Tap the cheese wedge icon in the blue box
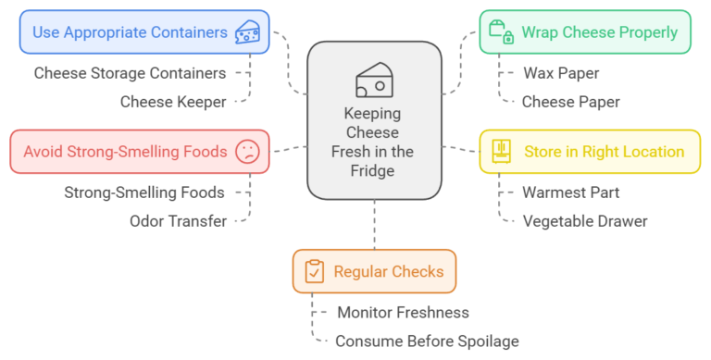(247, 32)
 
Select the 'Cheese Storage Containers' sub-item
(130, 72)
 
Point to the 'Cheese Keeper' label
(173, 102)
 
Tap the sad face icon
(247, 152)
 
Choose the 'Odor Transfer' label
(178, 220)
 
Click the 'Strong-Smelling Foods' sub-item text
(143, 192)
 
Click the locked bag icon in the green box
(500, 32)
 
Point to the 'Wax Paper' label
(560, 72)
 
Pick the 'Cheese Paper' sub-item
(570, 102)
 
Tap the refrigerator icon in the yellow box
(501, 152)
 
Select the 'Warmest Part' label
(571, 192)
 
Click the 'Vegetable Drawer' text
(584, 220)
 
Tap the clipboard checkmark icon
(315, 272)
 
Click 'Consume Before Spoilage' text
(427, 341)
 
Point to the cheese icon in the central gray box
(374, 81)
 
